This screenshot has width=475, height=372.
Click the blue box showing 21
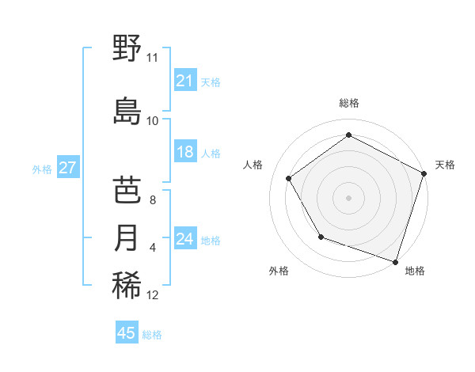[x=185, y=81]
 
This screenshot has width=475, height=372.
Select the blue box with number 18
[x=185, y=152]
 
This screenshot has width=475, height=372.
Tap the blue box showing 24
[x=185, y=239]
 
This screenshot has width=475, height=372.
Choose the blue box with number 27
[x=68, y=168]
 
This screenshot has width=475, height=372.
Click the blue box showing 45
[x=127, y=333]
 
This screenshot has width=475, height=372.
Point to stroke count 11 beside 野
[x=152, y=58]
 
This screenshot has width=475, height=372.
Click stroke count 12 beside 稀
[x=153, y=295]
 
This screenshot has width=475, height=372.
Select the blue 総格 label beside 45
[x=152, y=335]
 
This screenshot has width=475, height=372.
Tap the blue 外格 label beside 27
[x=42, y=169]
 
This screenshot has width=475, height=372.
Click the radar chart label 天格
[x=445, y=165]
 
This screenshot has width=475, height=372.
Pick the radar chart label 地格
[x=415, y=271]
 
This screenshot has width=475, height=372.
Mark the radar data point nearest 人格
[x=289, y=178]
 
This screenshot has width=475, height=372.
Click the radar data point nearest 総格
[x=348, y=135]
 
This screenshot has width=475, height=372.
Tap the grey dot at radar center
[x=348, y=197]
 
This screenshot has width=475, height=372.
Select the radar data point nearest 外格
[x=321, y=236]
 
